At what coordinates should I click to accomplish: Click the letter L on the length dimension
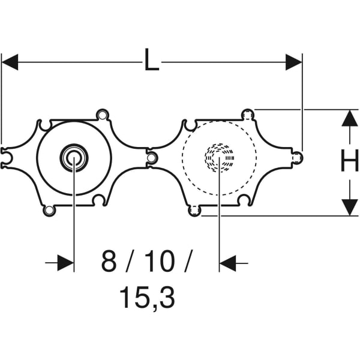152,60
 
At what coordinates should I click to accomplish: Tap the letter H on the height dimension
349,161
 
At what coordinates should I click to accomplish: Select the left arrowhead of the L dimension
11,61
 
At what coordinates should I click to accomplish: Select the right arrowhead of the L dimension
293,61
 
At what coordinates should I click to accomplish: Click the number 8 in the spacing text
109,262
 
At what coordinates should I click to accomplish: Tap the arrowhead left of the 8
66,262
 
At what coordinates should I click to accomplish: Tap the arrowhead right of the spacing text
228,262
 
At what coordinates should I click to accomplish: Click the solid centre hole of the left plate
74,158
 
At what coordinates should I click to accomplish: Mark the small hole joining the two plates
152,158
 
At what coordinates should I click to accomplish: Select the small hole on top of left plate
103,113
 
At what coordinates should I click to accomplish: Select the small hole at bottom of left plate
47,211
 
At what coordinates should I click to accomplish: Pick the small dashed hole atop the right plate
247,113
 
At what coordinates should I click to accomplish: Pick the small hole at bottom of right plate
193,211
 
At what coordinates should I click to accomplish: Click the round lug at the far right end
298,158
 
